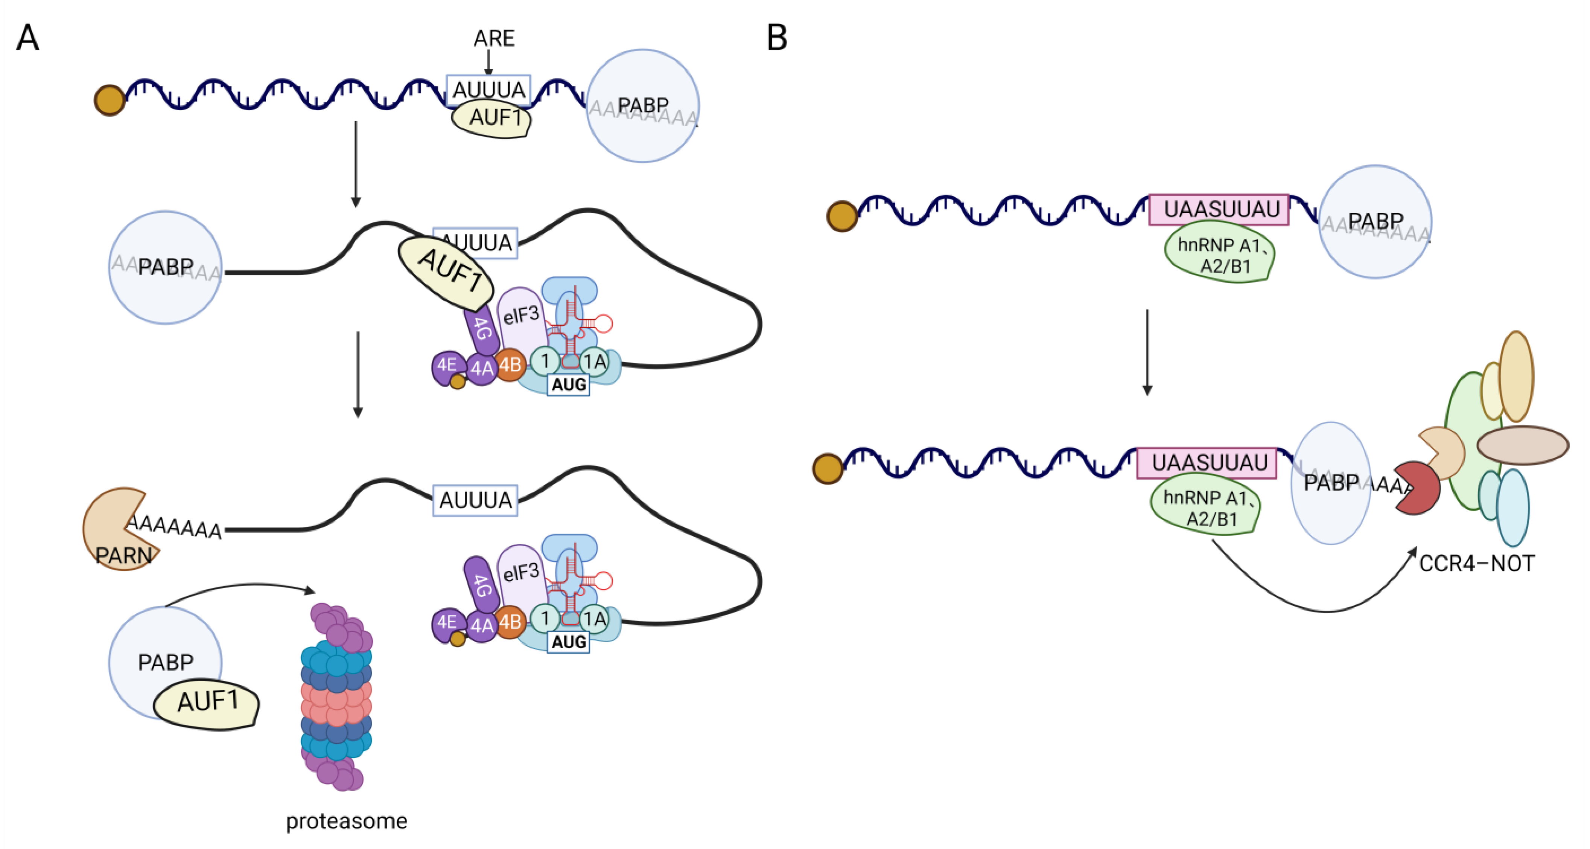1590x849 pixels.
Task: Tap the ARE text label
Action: coord(494,38)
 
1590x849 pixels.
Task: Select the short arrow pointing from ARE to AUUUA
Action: coord(488,62)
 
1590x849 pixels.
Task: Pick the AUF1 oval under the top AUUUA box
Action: coord(492,119)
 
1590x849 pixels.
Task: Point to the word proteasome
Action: coord(346,821)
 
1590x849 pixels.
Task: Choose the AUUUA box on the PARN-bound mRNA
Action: coord(475,500)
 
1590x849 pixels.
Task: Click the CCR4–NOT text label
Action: coord(1476,563)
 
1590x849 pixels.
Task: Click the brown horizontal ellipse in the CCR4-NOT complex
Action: coord(1523,445)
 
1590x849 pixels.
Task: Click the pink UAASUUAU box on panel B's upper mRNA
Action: coord(1219,210)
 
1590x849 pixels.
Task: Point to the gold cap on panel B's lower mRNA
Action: coord(828,469)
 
